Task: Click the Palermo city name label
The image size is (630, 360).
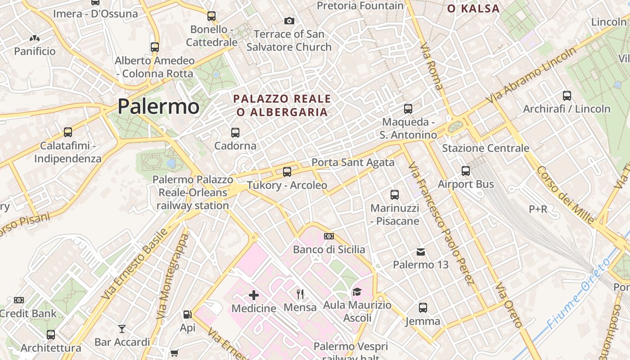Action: (x=158, y=107)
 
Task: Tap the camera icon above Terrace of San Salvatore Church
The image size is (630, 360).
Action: (x=289, y=21)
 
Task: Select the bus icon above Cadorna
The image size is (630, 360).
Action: (x=235, y=132)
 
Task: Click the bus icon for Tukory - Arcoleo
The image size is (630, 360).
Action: (x=287, y=171)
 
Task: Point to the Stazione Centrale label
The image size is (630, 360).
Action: (x=486, y=148)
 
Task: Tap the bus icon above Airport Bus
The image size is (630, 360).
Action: (x=466, y=171)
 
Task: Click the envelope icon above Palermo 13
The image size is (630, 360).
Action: (x=421, y=252)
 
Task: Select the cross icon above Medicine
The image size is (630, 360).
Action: (x=254, y=295)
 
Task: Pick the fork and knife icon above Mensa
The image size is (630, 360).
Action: (x=300, y=294)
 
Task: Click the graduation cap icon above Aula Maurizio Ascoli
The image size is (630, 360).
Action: (x=357, y=292)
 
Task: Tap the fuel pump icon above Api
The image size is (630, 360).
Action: (x=187, y=315)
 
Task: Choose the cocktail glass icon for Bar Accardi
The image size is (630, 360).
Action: (x=122, y=329)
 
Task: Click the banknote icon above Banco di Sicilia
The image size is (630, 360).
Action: (x=329, y=236)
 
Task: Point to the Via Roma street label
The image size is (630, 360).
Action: (x=432, y=66)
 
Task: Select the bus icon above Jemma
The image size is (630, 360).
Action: (x=423, y=308)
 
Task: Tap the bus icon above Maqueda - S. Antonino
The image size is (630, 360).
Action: (x=408, y=108)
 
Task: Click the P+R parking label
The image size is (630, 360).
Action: (x=538, y=209)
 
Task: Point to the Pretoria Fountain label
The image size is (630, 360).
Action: (x=360, y=6)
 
